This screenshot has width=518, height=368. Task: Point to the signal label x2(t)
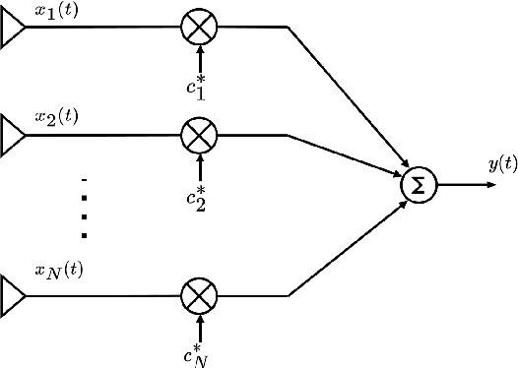[x=56, y=117]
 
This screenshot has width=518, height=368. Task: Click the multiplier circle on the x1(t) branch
[x=200, y=27]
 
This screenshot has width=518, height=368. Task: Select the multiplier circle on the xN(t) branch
[x=200, y=294]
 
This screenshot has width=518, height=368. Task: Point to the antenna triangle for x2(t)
[x=13, y=132]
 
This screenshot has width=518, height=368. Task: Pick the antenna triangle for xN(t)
[x=13, y=294]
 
